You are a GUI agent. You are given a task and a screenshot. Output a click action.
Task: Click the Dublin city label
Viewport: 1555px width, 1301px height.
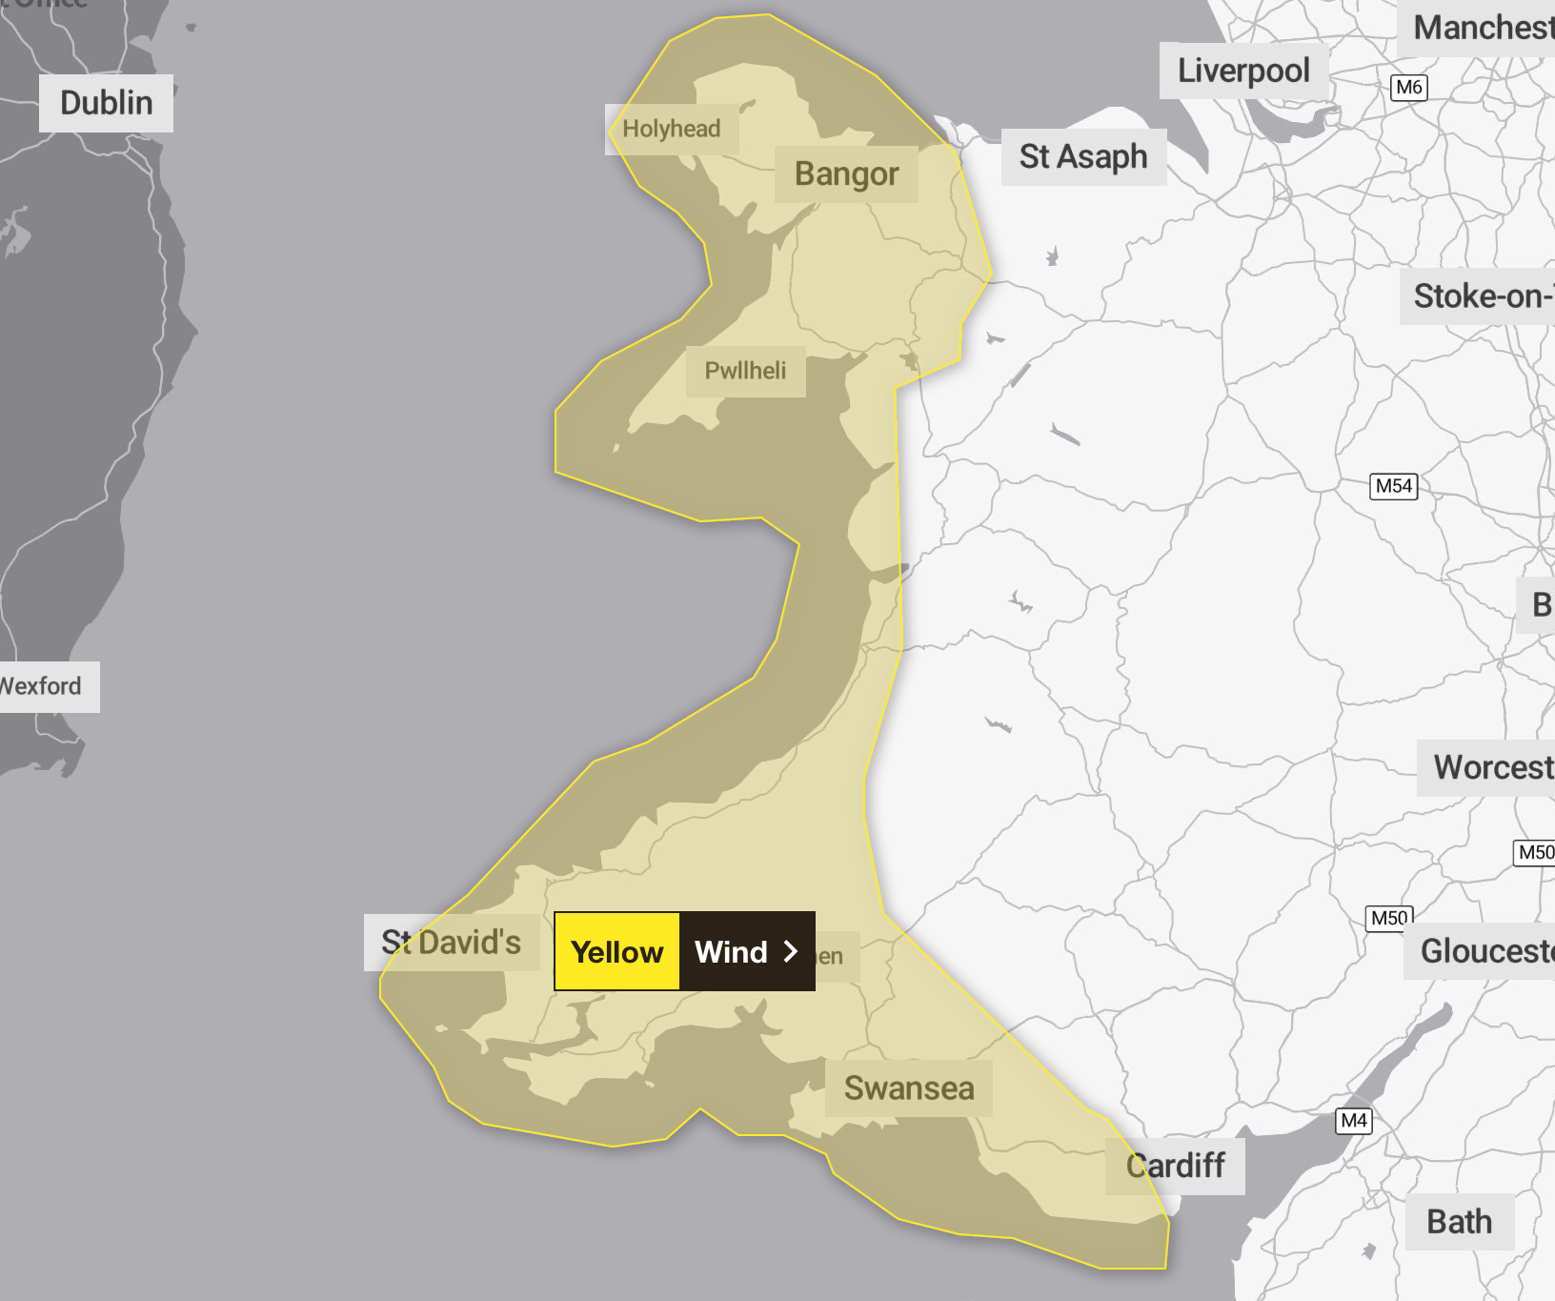106,103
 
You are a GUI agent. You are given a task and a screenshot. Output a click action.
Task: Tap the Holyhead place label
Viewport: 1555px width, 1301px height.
672,129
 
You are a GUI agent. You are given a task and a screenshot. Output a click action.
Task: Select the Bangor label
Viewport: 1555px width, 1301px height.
846,173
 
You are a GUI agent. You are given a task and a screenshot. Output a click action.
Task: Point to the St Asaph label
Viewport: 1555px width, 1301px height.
1083,156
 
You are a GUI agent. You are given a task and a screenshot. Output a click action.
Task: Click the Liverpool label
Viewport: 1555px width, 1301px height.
1243,71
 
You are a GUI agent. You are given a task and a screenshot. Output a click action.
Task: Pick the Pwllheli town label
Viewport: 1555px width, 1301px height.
745,371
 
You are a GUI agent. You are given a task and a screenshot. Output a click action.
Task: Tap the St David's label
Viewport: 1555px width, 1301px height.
451,943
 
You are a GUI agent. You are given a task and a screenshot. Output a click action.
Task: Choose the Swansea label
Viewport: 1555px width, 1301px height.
909,1088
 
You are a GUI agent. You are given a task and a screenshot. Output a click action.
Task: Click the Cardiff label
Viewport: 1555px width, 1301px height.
1176,1166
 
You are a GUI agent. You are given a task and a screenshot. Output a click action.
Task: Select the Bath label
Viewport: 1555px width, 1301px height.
1459,1222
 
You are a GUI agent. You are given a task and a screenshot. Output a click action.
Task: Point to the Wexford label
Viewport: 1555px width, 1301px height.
42,686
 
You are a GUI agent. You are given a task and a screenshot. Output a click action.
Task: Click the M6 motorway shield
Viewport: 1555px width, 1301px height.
1409,88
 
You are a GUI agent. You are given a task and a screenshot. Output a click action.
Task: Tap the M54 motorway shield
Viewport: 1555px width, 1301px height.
1393,486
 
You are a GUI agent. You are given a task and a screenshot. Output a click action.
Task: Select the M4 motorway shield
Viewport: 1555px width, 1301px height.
1354,1121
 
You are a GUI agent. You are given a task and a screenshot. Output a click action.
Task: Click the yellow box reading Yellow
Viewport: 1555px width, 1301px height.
617,951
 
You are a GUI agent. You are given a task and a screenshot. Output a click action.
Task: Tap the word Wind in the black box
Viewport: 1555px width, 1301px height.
731,951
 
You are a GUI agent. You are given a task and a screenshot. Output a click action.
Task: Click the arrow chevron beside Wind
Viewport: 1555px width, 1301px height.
790,951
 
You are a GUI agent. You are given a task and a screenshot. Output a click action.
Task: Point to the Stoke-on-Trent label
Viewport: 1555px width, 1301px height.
1482,296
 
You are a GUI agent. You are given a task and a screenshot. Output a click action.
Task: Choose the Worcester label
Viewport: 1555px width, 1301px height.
1491,767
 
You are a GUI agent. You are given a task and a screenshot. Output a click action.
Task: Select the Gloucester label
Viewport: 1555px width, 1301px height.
1484,950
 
